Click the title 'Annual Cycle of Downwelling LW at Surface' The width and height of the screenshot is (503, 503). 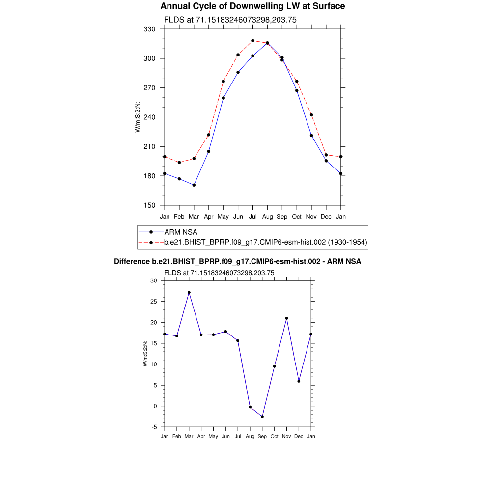click(x=252, y=6)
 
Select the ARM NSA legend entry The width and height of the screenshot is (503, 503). click(x=180, y=232)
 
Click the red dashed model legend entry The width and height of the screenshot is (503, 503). click(x=266, y=242)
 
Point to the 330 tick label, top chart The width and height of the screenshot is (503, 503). click(x=149, y=29)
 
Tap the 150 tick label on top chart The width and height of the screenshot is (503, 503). click(x=149, y=206)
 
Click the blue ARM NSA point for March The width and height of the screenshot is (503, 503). click(x=194, y=185)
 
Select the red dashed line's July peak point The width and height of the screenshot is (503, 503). click(x=252, y=41)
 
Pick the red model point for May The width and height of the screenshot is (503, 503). click(x=223, y=81)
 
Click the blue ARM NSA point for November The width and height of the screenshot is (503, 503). click(x=311, y=136)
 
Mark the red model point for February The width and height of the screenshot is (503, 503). click(x=179, y=163)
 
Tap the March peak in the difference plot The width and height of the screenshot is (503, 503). click(x=189, y=292)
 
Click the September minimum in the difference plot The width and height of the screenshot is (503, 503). click(x=262, y=417)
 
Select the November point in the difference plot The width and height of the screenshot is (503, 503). click(x=286, y=318)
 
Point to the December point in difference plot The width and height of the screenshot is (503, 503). click(x=299, y=381)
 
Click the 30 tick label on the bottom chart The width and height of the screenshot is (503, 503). click(x=153, y=281)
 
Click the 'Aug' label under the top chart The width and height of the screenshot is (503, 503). click(x=267, y=217)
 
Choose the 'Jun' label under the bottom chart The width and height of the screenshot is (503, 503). click(x=225, y=436)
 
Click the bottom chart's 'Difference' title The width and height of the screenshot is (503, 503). click(x=237, y=262)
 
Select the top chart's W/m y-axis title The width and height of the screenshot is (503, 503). click(x=138, y=117)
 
